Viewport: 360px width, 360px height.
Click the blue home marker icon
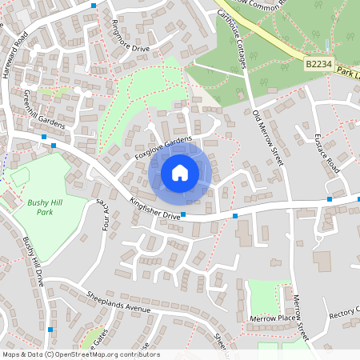click(180, 172)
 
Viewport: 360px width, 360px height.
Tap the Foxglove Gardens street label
click(163, 148)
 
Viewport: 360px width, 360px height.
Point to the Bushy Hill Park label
click(44, 207)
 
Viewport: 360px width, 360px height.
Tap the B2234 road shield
click(318, 62)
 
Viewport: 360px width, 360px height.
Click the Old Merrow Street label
click(267, 137)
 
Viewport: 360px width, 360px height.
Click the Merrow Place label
click(274, 318)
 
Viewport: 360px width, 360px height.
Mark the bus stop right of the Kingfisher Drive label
click(183, 214)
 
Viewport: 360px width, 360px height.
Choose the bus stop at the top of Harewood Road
click(94, 6)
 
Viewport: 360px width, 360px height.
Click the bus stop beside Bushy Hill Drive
click(51, 329)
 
